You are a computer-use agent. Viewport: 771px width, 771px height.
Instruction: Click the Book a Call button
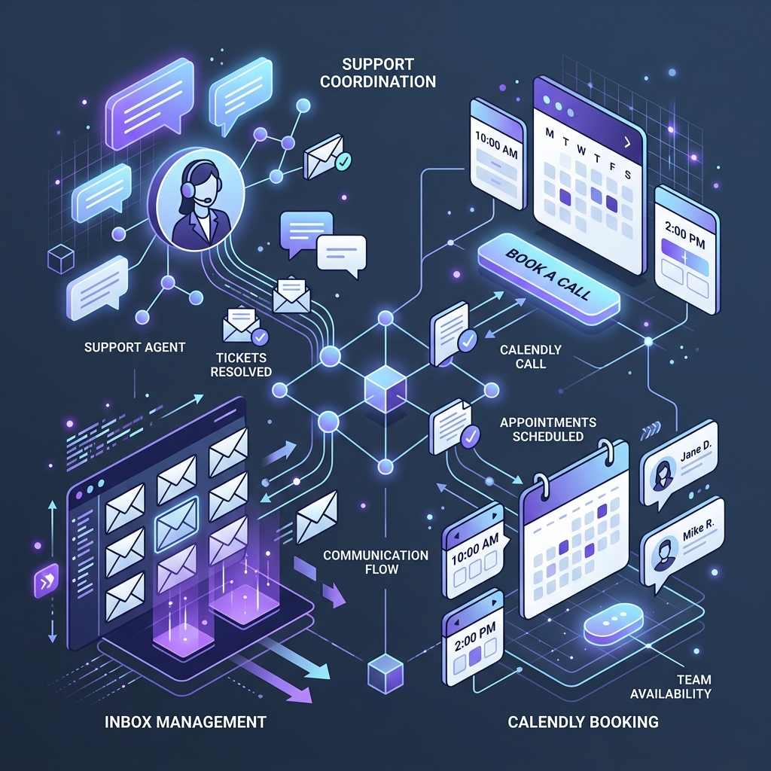[548, 279]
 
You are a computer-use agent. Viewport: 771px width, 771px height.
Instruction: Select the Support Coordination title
[378, 73]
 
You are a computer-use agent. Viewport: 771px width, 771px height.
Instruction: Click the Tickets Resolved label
[241, 364]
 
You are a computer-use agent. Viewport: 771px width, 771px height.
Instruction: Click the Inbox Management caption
[185, 722]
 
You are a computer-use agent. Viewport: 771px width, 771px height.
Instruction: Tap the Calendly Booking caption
[583, 722]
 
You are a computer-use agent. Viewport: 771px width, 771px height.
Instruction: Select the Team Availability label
[671, 687]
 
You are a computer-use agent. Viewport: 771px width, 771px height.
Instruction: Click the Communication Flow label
[376, 562]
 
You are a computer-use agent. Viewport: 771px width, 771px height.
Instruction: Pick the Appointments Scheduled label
[548, 429]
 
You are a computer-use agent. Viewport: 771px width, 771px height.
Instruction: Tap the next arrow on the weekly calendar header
[627, 142]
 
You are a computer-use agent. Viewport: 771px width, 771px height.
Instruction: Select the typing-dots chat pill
[613, 623]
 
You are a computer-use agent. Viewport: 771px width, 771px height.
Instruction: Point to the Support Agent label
[135, 347]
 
